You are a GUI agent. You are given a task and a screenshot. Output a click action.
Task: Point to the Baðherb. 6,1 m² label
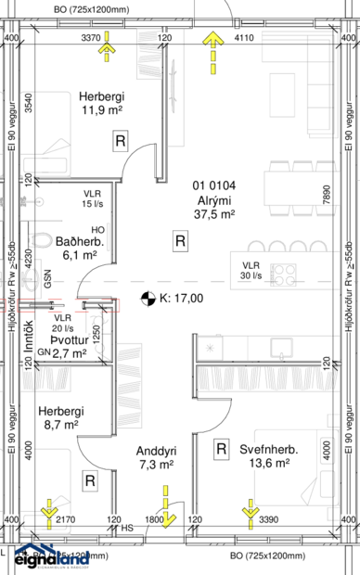click(80, 247)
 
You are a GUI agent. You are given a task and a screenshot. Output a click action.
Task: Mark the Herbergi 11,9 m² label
click(101, 103)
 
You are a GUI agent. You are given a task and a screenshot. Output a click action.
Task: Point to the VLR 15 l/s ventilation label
click(92, 198)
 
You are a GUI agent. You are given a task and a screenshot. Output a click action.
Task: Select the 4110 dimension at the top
click(244, 39)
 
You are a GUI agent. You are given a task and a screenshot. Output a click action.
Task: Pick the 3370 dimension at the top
click(91, 39)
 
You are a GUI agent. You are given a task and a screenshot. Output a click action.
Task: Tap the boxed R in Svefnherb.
click(221, 450)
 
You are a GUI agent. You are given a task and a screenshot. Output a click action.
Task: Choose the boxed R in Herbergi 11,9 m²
click(121, 140)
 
